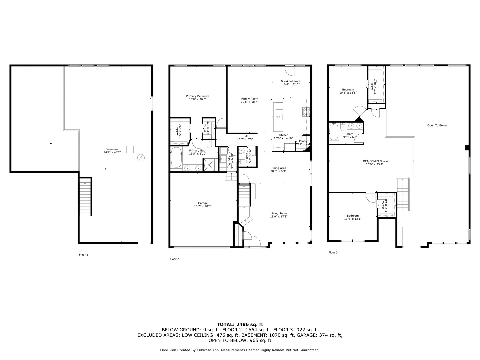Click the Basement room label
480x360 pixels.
pyautogui.click(x=112, y=151)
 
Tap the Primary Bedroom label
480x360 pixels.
pyautogui.click(x=198, y=98)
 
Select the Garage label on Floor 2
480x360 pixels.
pyautogui.click(x=203, y=205)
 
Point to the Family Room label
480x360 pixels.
pyautogui.click(x=250, y=100)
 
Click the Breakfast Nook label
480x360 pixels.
pyautogui.click(x=291, y=83)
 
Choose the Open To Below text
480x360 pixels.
pyautogui.click(x=437, y=126)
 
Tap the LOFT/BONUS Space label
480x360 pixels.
pyautogui.click(x=374, y=163)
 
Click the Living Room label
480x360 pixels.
pyautogui.click(x=278, y=215)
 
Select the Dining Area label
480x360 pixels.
pyautogui.click(x=278, y=170)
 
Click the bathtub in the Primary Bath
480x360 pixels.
pyautogui.click(x=176, y=158)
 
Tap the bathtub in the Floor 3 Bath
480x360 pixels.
pyautogui.click(x=333, y=132)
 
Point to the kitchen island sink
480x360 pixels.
pyautogui.click(x=279, y=116)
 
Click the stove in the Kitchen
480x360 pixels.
pyautogui.click(x=305, y=112)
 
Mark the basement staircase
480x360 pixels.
pyautogui.click(x=85, y=197)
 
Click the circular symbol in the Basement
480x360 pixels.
pyautogui.click(x=141, y=157)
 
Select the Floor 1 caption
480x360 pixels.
pyautogui.click(x=83, y=255)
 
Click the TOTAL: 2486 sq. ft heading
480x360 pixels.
pyautogui.click(x=240, y=324)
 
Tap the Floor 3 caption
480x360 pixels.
pyautogui.click(x=333, y=253)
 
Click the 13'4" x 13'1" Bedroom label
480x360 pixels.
pyautogui.click(x=352, y=217)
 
